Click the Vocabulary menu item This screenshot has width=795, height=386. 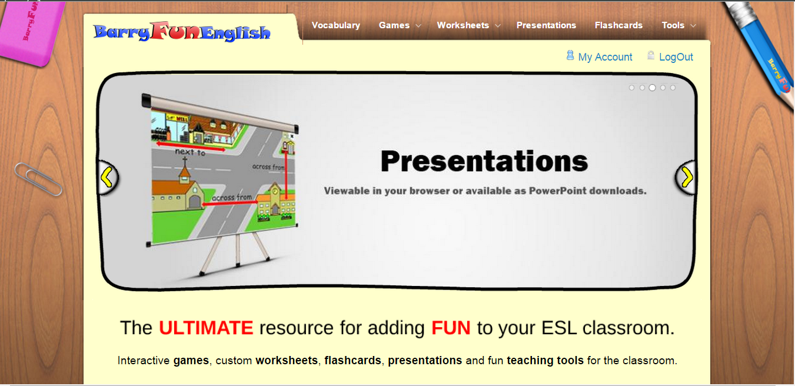(x=335, y=25)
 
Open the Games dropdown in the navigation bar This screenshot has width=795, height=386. (x=400, y=25)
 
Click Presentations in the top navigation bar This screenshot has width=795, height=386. (x=546, y=25)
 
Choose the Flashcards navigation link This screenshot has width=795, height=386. (x=618, y=25)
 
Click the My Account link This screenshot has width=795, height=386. (x=605, y=57)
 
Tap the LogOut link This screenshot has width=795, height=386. (x=676, y=57)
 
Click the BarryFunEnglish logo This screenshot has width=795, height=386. (x=182, y=32)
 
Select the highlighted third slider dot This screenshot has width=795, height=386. (x=652, y=88)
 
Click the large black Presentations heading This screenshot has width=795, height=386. (x=484, y=161)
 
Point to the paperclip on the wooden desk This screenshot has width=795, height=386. (x=38, y=179)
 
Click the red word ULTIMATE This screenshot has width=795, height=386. (x=206, y=328)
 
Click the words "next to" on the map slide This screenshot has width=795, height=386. (x=190, y=152)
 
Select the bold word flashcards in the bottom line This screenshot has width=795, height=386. (x=352, y=360)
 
